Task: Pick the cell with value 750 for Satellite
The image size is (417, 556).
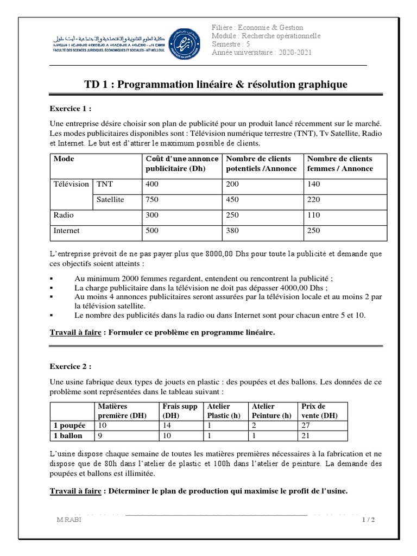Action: click(153, 199)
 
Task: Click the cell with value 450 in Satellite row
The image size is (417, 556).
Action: click(234, 199)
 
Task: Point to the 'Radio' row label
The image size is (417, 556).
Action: click(64, 215)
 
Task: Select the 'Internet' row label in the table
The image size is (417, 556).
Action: click(66, 230)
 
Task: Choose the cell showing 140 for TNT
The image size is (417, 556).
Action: click(315, 184)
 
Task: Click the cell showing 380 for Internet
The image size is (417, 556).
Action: click(234, 230)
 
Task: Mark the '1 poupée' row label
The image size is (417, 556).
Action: click(68, 426)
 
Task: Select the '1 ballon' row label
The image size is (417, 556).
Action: click(68, 435)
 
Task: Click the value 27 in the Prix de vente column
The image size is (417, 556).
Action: click(306, 426)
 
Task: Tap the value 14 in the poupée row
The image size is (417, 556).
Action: click(167, 426)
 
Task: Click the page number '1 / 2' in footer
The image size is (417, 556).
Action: click(368, 520)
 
